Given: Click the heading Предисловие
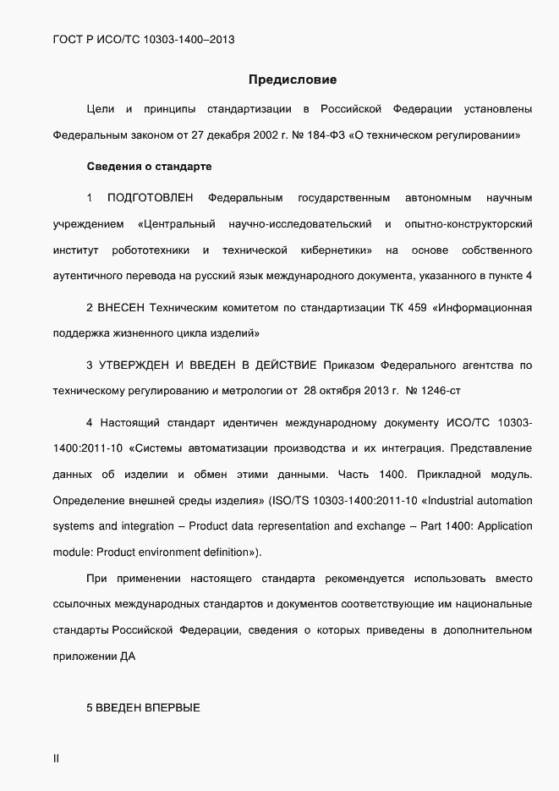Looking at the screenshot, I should tap(293, 80).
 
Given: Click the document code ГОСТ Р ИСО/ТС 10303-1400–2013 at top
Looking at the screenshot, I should tap(143, 39).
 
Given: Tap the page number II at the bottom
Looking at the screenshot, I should tap(56, 759).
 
